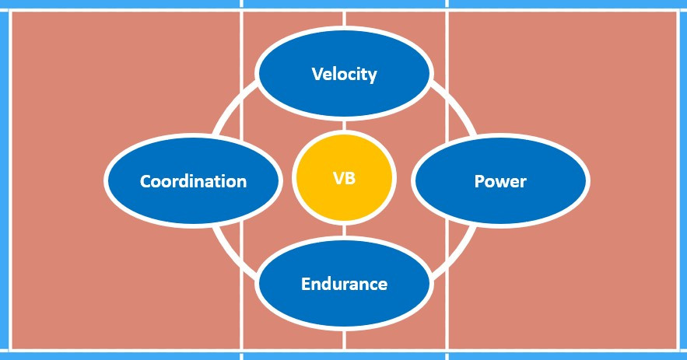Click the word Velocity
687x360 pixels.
344,75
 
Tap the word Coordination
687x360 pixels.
193,181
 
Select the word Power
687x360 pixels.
500,181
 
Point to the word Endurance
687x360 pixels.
344,284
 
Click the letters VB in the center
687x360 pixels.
344,179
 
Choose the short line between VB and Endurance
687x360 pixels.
344,231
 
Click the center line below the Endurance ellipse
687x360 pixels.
344,339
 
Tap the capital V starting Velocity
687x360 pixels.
317,75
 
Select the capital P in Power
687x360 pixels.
479,181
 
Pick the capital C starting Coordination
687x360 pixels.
145,181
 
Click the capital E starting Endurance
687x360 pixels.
306,284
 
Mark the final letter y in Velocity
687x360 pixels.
372,76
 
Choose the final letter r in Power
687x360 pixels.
523,183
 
